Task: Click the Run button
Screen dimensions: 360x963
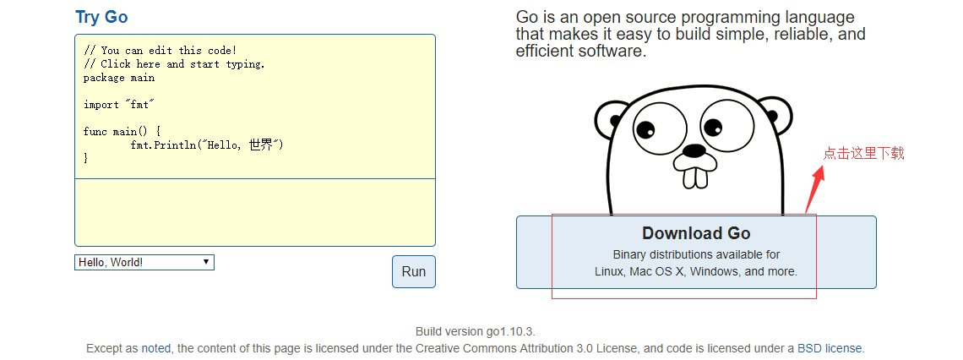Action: pos(414,271)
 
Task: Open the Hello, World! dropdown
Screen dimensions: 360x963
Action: pos(144,263)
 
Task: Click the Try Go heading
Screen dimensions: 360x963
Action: pos(101,17)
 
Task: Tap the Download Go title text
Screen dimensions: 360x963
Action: pos(696,233)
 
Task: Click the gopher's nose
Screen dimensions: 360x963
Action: pos(694,151)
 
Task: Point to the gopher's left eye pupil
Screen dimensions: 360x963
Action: pos(645,130)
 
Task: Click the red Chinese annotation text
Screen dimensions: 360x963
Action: pos(863,153)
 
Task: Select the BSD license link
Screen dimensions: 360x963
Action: pos(830,348)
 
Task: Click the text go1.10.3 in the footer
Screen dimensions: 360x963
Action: pos(507,331)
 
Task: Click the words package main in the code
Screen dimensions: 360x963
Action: pos(119,78)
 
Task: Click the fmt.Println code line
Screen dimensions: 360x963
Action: pos(206,145)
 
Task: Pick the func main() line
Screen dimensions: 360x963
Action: pos(122,132)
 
